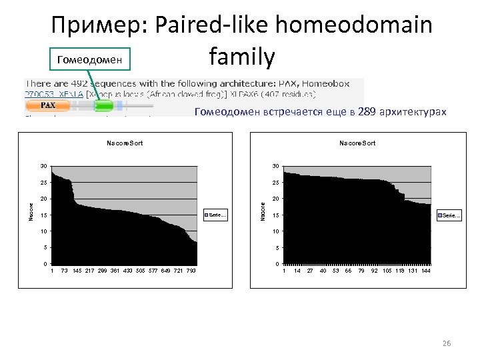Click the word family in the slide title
pos(241,58)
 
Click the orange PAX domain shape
pos(47,105)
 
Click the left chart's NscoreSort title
pos(125,143)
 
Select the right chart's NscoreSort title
pos(357,143)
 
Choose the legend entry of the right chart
pos(447,215)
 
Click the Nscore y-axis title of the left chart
pos(31,213)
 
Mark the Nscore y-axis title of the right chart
pos(263,213)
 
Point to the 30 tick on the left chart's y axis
pos(43,166)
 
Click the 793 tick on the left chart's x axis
pos(191,271)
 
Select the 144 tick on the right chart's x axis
pos(425,271)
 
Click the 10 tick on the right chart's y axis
pos(275,231)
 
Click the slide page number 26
pos(447,343)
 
